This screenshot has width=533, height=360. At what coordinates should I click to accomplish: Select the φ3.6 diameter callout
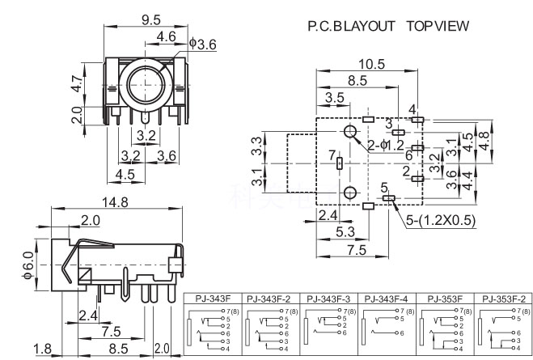click(x=203, y=44)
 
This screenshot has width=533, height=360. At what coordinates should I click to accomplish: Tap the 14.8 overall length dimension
click(x=119, y=203)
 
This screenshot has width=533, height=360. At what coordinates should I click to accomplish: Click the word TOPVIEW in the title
click(x=437, y=26)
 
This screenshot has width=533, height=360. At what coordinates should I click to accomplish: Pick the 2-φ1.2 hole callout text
click(x=386, y=145)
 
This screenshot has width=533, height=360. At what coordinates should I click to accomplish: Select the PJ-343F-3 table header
click(x=330, y=298)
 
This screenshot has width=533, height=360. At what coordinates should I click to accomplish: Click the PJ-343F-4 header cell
click(x=387, y=298)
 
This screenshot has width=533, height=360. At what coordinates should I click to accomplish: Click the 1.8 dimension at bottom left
click(x=42, y=349)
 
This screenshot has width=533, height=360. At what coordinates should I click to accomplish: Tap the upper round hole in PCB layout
click(x=350, y=133)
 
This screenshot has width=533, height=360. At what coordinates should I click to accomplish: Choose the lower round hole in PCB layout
click(x=350, y=193)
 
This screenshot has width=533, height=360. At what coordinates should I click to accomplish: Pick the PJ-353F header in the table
click(x=445, y=298)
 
